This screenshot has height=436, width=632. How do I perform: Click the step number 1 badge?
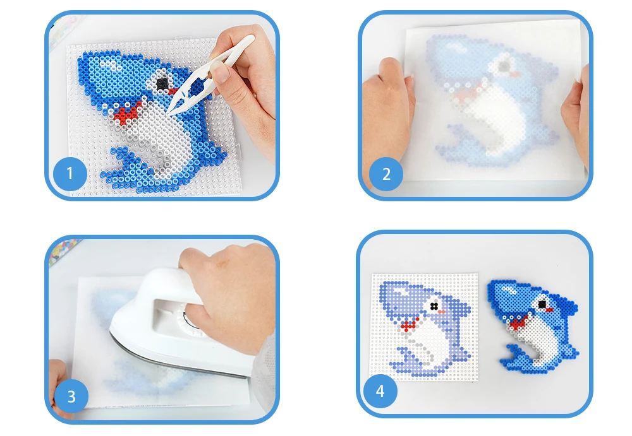point(70,174)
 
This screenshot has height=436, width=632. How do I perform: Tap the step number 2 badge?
point(386,174)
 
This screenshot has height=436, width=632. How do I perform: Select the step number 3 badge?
point(71,396)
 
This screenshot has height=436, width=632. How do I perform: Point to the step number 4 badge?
point(380,391)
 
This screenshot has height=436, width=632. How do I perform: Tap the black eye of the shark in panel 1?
point(163,83)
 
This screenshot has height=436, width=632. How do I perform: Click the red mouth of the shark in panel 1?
point(127,112)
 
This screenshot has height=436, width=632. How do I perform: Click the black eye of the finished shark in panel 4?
point(542,303)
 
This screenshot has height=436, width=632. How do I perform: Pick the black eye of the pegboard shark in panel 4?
point(434,307)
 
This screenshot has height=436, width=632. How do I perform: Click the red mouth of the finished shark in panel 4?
point(519,322)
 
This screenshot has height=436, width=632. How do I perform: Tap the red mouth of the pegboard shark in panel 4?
point(409,324)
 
